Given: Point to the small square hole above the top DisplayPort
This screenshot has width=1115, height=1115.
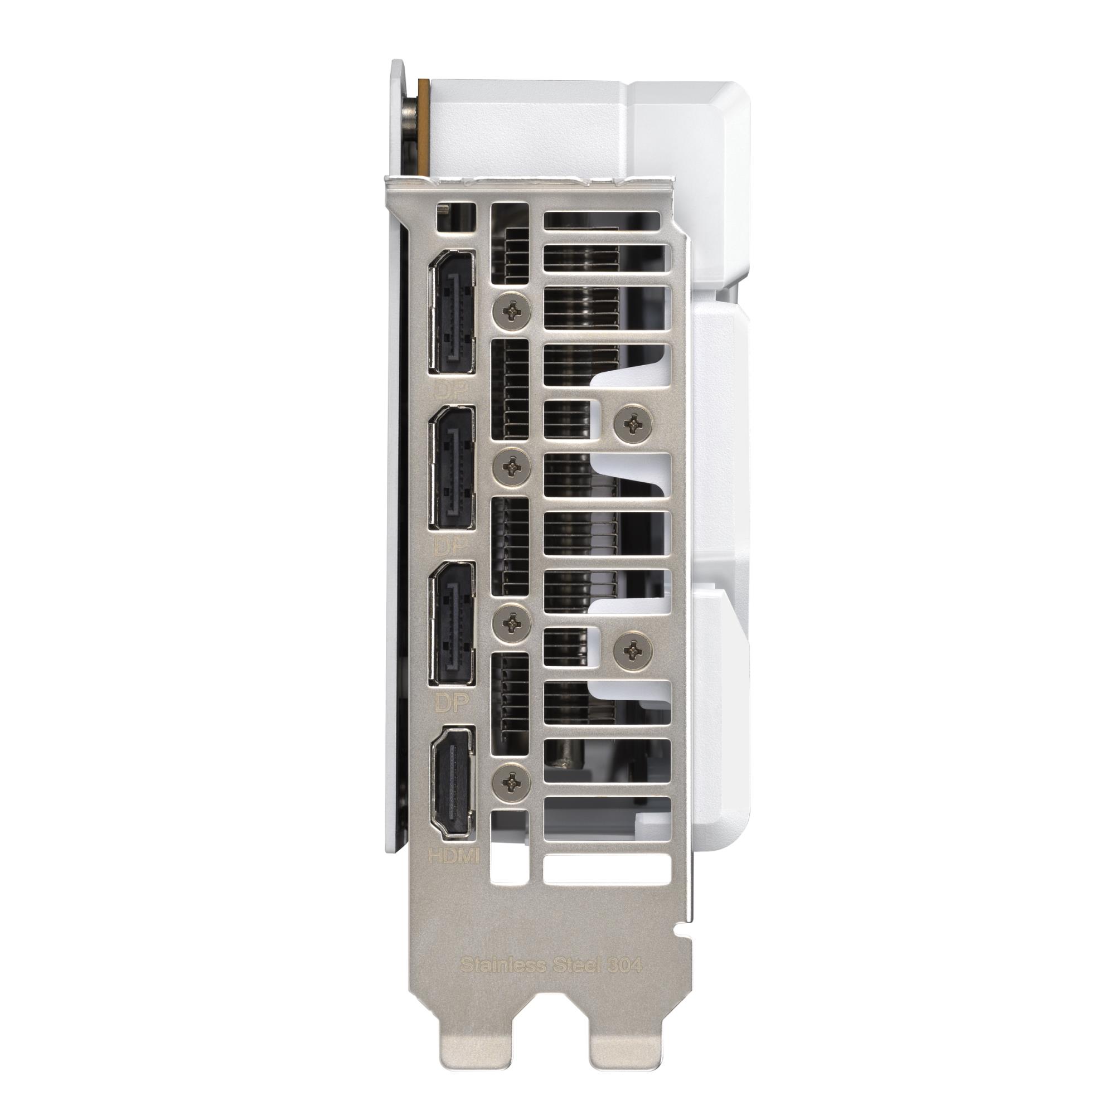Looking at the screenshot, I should point(457,217).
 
